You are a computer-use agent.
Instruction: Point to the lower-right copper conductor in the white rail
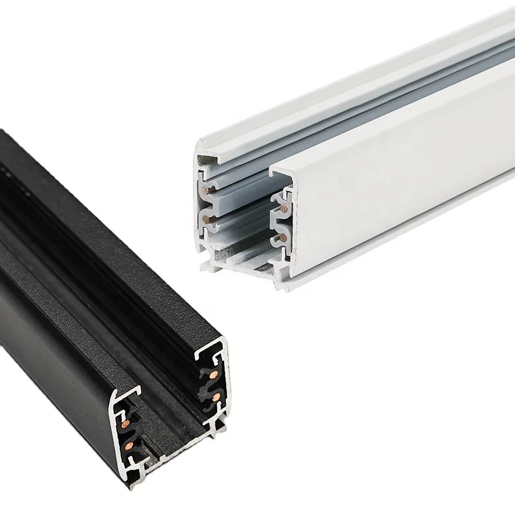(281, 239)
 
